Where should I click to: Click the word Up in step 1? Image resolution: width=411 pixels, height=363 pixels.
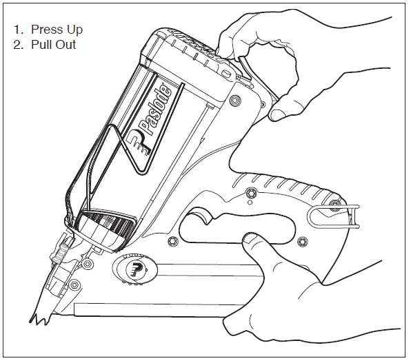(72, 30)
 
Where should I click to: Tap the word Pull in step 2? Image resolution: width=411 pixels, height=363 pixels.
(42, 45)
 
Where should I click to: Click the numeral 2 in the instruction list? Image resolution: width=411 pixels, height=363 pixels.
(18, 45)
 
